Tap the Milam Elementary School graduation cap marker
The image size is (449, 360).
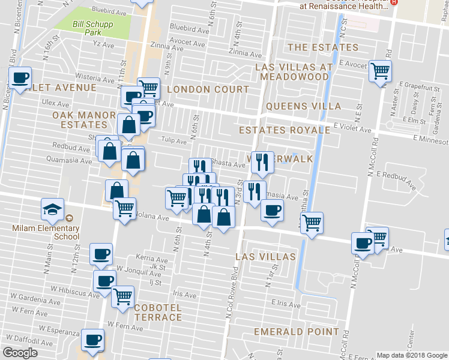click(x=52, y=209)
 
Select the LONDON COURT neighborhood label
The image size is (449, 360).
click(x=208, y=89)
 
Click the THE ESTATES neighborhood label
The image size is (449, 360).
click(x=323, y=47)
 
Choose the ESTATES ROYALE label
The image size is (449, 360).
click(x=285, y=130)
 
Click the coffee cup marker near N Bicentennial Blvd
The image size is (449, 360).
click(x=20, y=78)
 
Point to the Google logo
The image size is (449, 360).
click(x=20, y=353)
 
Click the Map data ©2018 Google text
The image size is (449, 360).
click(x=411, y=355)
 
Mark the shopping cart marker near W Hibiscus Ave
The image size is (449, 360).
click(x=122, y=296)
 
